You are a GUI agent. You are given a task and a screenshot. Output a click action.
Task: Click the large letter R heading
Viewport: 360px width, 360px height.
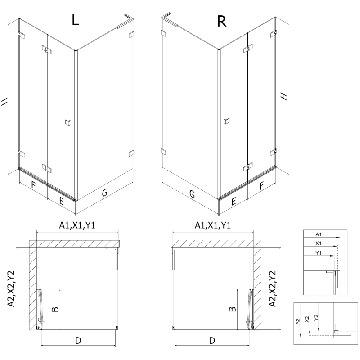point(221,21)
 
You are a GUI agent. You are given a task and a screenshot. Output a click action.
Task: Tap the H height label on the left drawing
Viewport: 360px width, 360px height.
point(5,102)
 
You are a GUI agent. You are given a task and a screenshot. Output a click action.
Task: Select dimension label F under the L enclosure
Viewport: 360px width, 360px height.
point(33,184)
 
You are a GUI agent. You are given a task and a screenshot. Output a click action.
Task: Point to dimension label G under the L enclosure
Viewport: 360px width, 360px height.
point(104,193)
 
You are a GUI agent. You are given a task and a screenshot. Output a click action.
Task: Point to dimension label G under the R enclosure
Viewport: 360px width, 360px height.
point(192,194)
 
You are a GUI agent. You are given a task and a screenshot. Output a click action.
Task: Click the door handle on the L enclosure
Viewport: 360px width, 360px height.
point(68,122)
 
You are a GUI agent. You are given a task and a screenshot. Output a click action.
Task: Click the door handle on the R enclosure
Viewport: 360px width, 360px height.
point(227,120)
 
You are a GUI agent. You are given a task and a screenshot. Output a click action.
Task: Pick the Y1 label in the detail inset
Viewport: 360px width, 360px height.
point(318,253)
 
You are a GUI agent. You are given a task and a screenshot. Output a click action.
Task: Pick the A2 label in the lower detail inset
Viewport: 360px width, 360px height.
point(297,321)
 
